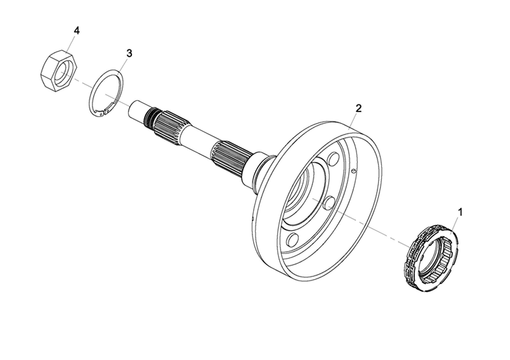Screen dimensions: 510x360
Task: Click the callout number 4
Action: pos(76,31)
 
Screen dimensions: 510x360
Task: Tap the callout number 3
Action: pos(129,53)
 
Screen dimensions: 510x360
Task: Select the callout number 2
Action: pos(358,108)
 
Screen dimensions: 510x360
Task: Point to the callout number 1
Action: pos(460,212)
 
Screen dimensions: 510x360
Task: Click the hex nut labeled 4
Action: pos(59,70)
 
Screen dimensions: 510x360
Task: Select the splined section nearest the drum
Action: pos(232,155)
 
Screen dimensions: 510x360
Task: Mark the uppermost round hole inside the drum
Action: pos(333,159)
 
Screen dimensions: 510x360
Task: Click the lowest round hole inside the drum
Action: pos(293,240)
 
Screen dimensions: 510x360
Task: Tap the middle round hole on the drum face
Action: pos(330,203)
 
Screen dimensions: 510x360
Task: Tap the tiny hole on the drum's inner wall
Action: pos(355,169)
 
